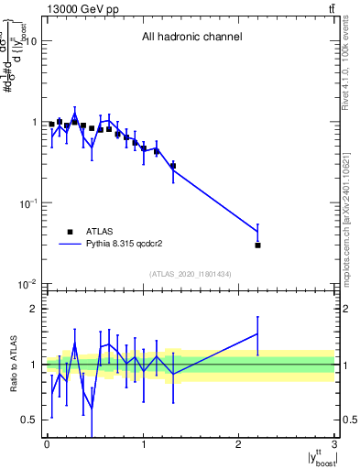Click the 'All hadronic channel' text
(x=191, y=38)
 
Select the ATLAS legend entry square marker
(x=70, y=232)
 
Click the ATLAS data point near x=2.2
(x=257, y=245)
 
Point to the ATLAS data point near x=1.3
(x=172, y=166)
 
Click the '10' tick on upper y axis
(x=29, y=41)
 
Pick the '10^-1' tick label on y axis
(x=26, y=202)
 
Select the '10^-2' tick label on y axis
(x=26, y=283)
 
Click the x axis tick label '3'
(x=334, y=444)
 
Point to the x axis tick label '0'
(x=47, y=444)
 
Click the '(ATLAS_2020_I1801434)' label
(x=191, y=274)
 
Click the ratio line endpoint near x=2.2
(x=257, y=333)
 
